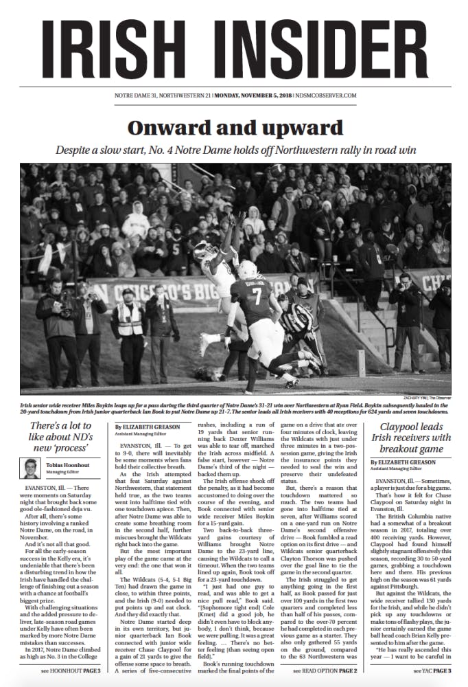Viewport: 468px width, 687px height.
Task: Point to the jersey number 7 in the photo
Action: click(256, 297)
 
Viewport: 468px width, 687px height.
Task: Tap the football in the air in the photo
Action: click(277, 169)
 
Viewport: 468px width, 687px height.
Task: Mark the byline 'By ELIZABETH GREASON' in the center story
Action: click(143, 427)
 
